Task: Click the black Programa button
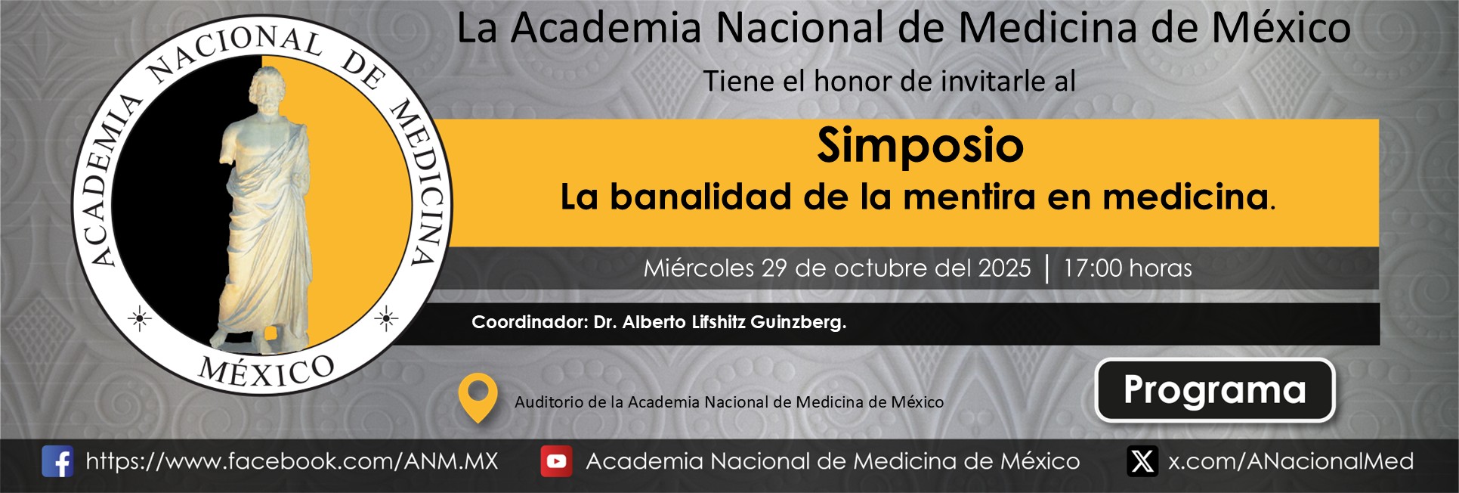tap(1215, 390)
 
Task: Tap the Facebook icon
tap(57, 461)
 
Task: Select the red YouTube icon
tap(556, 461)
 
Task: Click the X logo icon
tap(1142, 461)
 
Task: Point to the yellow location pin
tap(478, 397)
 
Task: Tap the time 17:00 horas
tap(1127, 268)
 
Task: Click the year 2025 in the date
tap(1004, 268)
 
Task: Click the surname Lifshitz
tap(718, 322)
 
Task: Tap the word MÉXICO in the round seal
tap(266, 371)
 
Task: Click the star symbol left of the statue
tap(139, 319)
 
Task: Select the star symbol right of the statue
tap(386, 319)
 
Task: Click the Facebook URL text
tap(292, 461)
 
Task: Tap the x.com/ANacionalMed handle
tap(1291, 461)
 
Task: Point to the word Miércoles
tap(699, 268)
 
